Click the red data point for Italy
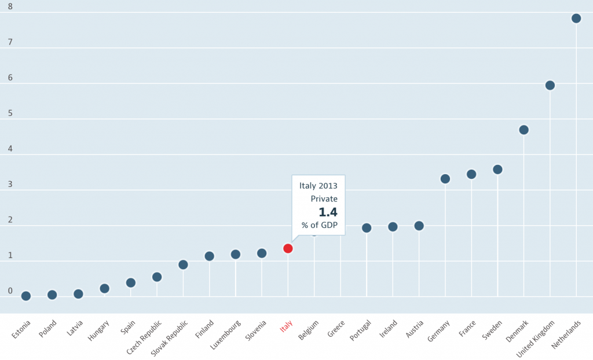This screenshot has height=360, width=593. [288, 248]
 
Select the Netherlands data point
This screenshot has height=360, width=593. [576, 18]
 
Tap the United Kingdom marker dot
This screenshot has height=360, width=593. [550, 85]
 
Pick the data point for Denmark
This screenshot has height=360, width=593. [524, 130]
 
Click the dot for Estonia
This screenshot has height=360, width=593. [26, 296]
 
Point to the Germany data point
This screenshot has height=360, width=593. [445, 178]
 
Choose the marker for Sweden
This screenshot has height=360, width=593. [497, 169]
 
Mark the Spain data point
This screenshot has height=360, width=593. [131, 282]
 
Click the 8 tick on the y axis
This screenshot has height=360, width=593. [10, 7]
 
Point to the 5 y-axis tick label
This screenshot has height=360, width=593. [10, 113]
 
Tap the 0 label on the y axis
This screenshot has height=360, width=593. [10, 291]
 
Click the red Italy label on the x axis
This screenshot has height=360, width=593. [286, 328]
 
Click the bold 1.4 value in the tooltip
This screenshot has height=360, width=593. [328, 212]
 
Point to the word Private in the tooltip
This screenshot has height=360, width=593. [324, 199]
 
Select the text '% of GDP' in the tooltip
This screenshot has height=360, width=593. [319, 225]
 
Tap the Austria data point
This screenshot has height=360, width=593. [419, 226]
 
